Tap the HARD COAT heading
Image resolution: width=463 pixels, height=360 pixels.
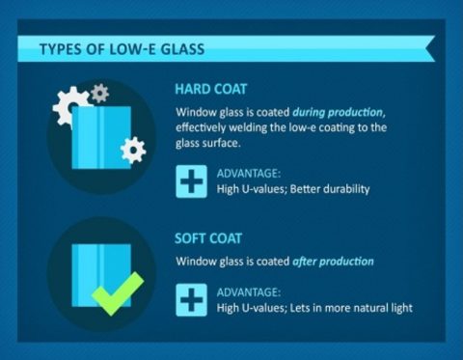pyautogui.click(x=211, y=88)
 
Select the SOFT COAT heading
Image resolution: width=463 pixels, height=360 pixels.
pyautogui.click(x=208, y=237)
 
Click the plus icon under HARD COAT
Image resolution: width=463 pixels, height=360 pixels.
pyautogui.click(x=191, y=181)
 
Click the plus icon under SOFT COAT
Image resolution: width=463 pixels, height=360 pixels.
pyautogui.click(x=191, y=300)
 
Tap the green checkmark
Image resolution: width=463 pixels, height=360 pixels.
pyautogui.click(x=117, y=292)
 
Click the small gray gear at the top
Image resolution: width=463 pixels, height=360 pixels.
pyautogui.click(x=99, y=93)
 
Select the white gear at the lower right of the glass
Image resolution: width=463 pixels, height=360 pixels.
pyautogui.click(x=133, y=149)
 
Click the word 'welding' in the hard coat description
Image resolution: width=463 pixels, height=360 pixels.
pyautogui.click(x=249, y=125)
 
